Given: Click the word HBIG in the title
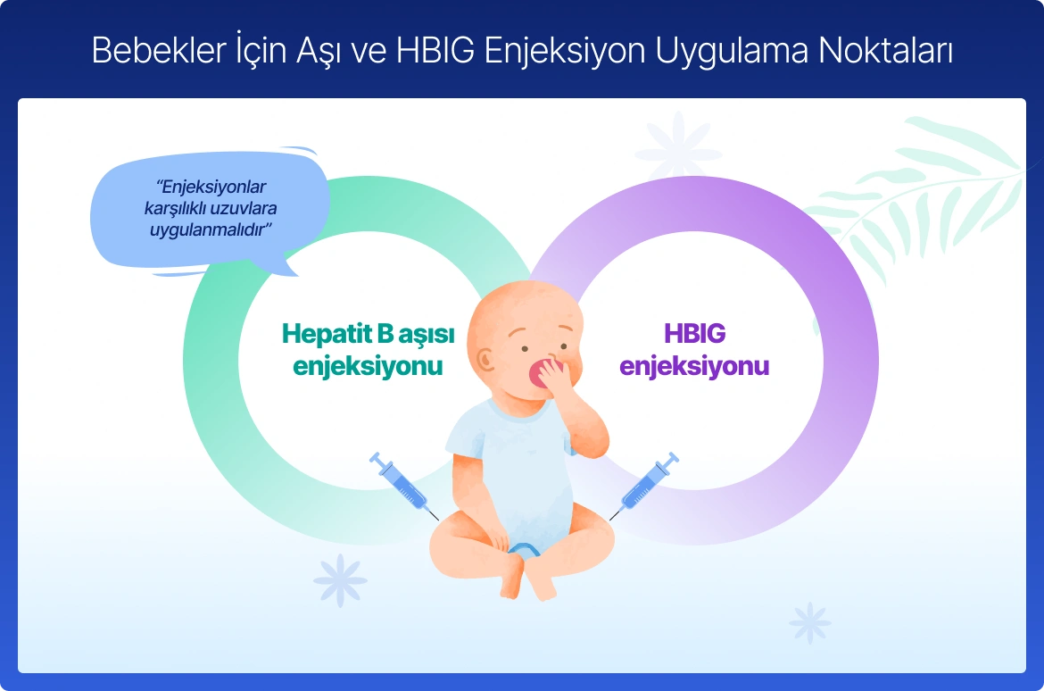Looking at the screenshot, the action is (435, 51).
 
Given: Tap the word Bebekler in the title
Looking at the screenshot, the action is (159, 51).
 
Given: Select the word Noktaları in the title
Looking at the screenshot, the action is (885, 51).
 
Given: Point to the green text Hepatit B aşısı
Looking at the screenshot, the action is (369, 333).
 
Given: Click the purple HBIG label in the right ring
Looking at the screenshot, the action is (694, 333).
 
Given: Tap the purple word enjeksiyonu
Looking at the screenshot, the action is (694, 366).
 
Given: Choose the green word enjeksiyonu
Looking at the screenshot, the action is (368, 366).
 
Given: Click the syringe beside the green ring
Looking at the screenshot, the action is (403, 486).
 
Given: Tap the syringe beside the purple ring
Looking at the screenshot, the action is (644, 486).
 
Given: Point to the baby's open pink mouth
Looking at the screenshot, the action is (540, 373).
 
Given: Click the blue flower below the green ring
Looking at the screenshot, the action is (340, 579).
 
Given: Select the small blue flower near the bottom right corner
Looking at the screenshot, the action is (809, 623).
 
